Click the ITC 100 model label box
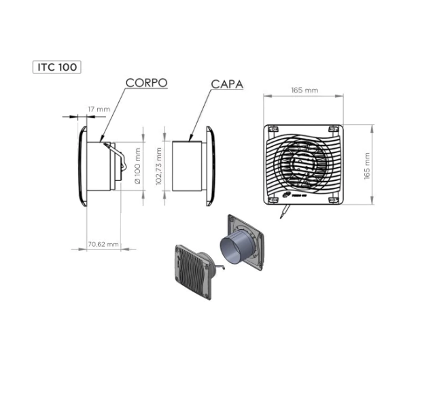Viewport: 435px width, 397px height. pyautogui.click(x=57, y=67)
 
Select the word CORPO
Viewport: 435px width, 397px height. pyautogui.click(x=147, y=83)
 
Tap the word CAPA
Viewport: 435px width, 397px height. pyautogui.click(x=227, y=84)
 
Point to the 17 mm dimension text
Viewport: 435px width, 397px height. pyautogui.click(x=99, y=109)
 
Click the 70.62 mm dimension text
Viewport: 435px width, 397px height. pyautogui.click(x=103, y=245)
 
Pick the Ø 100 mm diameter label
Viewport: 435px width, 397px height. pyautogui.click(x=137, y=166)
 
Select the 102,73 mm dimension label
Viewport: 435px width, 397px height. pyautogui.click(x=158, y=166)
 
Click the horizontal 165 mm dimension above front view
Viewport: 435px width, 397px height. pyautogui.click(x=304, y=90)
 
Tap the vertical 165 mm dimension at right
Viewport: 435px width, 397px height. pyautogui.click(x=367, y=166)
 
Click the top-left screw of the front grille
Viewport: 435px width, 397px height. pyautogui.click(x=273, y=129)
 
